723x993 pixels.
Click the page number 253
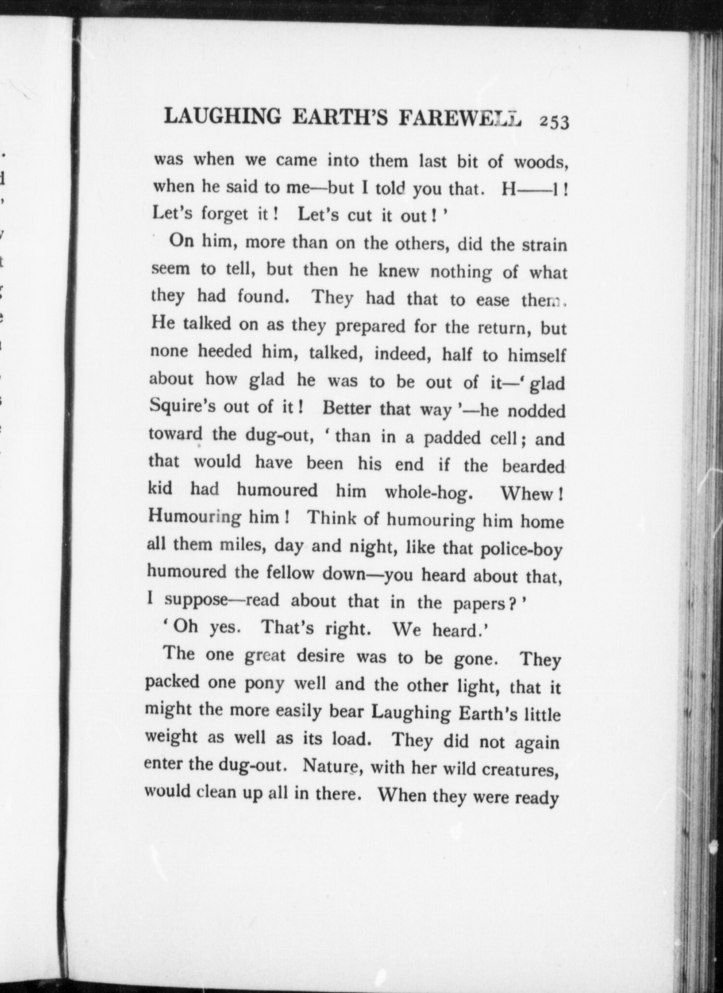click(554, 122)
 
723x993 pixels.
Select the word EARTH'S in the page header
click(341, 117)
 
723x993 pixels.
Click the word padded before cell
click(452, 438)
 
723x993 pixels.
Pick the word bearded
click(533, 466)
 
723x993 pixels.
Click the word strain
click(544, 244)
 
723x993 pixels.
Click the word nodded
click(536, 411)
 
